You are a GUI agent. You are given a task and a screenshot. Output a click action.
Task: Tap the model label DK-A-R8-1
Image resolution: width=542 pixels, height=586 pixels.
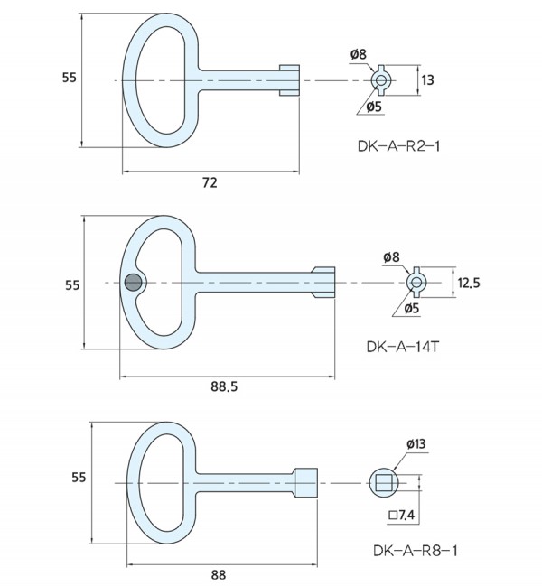(408, 549)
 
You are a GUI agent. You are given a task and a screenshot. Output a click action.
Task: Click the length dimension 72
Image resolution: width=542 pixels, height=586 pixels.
(210, 183)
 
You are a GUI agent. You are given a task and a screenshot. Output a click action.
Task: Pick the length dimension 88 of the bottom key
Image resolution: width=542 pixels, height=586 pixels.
(218, 573)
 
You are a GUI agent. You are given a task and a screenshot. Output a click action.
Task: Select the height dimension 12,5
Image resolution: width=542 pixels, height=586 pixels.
(468, 284)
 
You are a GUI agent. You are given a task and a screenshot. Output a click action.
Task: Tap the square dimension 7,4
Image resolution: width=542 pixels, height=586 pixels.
(402, 515)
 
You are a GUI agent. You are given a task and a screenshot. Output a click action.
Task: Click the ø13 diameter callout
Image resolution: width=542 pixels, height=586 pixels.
(416, 443)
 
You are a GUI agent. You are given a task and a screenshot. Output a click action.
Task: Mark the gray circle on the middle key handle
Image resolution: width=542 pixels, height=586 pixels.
(134, 283)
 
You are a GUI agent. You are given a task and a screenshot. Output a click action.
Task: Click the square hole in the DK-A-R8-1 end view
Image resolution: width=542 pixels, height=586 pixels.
(382, 482)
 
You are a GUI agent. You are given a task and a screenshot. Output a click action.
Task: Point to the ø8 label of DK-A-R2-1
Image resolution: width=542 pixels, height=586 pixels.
(359, 55)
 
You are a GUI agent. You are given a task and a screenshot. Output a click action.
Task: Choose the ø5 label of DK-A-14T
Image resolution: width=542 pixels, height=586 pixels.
(410, 308)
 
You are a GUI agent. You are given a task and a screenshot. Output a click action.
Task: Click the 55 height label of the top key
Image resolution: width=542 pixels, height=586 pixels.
(69, 78)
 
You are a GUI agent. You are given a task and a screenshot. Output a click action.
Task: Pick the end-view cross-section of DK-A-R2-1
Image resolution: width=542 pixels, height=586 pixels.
(380, 80)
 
